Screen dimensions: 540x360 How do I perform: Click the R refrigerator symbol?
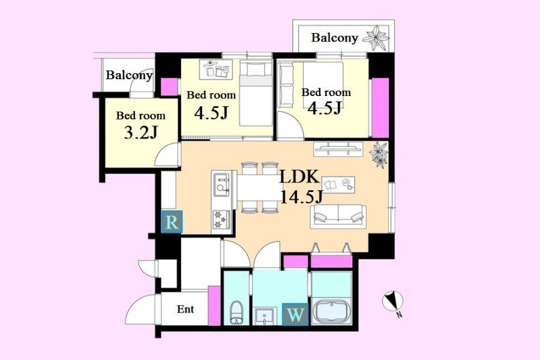coord(172,221)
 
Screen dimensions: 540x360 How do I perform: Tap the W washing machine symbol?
coord(295,314)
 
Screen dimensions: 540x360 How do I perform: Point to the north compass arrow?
coord(392,301)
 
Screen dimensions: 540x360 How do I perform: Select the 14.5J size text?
coord(302,197)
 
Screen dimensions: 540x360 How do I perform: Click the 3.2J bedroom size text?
coord(141,132)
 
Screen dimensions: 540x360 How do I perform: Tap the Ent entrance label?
coord(185,309)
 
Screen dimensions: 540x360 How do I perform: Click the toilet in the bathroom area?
coord(236,313)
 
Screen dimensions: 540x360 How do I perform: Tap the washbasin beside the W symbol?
coord(264,316)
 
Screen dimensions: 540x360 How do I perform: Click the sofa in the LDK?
coord(338,217)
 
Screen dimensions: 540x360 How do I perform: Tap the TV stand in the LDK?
coord(338,149)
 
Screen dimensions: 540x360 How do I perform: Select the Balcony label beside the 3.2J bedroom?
coord(129,75)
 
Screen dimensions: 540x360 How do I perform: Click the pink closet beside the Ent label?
coord(214,305)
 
